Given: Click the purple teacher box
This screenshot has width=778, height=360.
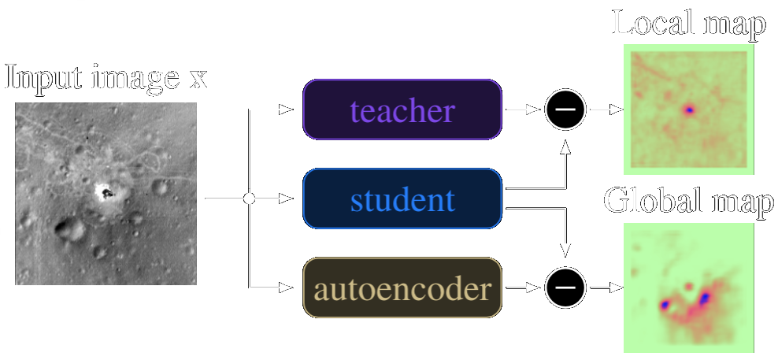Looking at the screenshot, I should click(402, 110).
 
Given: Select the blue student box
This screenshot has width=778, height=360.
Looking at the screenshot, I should click(402, 200).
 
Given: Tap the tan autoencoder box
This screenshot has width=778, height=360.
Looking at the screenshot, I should click(402, 289).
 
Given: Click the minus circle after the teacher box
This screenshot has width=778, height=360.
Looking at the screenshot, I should click(565, 110).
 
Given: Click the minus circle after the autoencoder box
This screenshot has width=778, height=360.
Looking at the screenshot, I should click(565, 289).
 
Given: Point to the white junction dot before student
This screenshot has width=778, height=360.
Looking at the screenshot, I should click(250, 199).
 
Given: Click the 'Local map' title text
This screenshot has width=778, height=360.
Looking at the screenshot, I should click(688, 24).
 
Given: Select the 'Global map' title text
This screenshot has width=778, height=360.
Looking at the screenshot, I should click(688, 202).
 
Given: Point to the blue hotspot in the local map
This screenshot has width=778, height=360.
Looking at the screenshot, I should click(690, 110).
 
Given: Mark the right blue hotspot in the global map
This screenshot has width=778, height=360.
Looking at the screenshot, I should click(704, 297).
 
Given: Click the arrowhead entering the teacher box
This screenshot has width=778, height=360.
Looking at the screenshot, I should click(297, 110).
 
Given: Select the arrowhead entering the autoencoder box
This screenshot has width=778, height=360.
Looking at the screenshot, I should click(297, 289).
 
